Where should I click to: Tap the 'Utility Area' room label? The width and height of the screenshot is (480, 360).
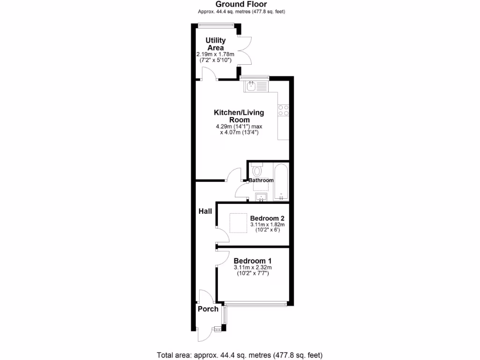point(215,44)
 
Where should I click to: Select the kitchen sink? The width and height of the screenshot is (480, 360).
point(255,86)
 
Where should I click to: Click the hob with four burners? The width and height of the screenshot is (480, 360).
point(283,110)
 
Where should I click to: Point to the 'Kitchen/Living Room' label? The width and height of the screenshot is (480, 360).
point(239,116)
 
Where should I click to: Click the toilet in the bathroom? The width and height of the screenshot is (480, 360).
point(256,170)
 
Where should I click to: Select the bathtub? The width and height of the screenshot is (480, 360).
point(281,182)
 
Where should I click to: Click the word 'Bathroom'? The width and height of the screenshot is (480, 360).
point(261,180)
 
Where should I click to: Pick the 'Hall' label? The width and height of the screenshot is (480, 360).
point(205,211)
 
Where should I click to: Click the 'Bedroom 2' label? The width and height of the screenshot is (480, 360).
point(267,218)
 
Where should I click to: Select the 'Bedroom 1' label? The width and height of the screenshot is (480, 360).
point(253,261)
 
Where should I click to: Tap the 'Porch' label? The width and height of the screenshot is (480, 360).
point(208,309)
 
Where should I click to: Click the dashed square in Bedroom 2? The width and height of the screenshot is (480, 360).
point(238,223)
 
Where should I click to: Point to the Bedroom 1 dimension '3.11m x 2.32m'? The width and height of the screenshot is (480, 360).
point(253,268)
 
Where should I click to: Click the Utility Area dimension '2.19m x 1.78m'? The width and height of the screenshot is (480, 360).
point(215,54)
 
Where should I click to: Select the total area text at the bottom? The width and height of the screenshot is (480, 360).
point(239,355)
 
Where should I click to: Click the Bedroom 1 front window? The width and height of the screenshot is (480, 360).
point(255,304)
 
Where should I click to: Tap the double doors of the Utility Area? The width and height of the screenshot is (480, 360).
point(244,50)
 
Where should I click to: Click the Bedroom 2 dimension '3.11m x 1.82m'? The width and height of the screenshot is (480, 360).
point(267,225)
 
